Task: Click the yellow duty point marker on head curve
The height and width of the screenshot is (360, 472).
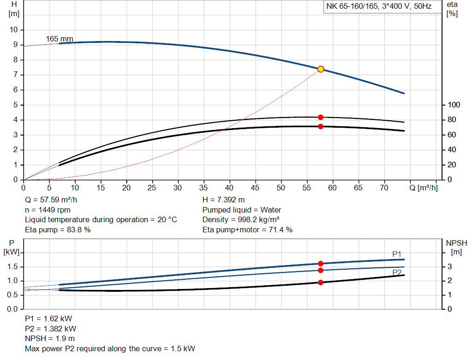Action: pos(321,69)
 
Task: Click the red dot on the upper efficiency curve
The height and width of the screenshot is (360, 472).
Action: pos(321,117)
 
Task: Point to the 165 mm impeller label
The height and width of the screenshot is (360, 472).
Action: pos(59,39)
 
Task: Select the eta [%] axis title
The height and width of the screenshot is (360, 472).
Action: pos(452,9)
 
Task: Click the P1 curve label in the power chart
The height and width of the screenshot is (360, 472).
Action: pos(397,254)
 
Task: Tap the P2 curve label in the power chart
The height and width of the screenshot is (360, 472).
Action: pos(397,272)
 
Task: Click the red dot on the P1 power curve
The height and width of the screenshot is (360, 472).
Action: pos(321,264)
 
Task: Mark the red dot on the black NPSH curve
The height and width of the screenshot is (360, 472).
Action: pos(321,282)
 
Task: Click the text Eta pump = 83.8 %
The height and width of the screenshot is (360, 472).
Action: pos(58,230)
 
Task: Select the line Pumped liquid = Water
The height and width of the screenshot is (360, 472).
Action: pos(242,210)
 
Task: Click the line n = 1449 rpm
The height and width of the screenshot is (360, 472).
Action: pos(47,210)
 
